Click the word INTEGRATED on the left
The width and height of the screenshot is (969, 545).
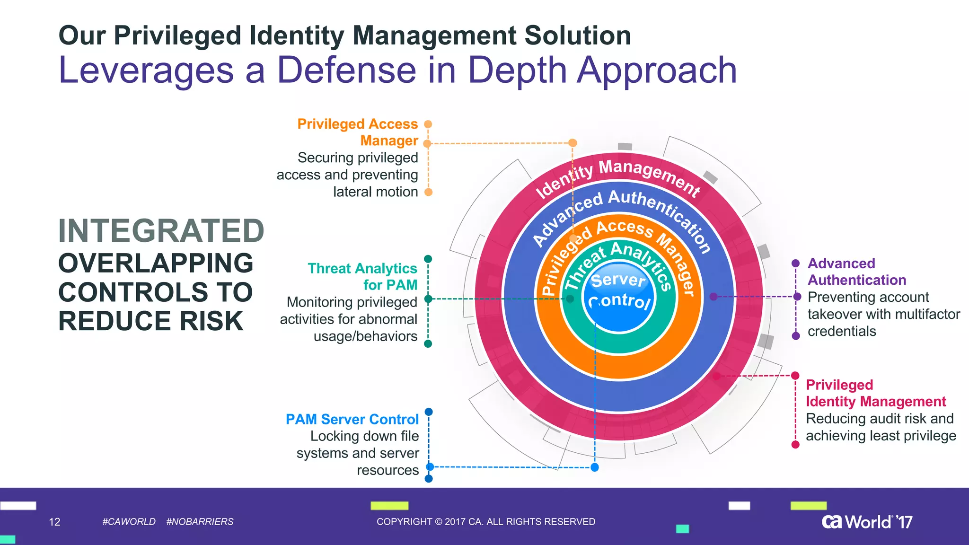point(161,231)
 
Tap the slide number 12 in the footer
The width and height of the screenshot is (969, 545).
point(54,522)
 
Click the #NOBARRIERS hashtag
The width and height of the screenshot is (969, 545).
point(200,521)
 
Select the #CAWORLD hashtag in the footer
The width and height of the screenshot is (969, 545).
point(129,521)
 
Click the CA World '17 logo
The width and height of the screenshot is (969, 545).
point(867,522)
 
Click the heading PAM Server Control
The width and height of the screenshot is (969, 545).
point(352,419)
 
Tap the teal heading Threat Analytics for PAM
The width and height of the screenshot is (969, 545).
point(362,276)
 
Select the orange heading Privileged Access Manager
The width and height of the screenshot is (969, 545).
point(358,132)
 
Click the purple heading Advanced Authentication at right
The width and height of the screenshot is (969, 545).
point(856,272)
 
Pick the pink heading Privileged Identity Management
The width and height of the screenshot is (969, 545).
point(875,393)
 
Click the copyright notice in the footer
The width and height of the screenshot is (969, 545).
point(486,521)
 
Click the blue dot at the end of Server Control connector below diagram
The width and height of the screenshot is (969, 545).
point(595,467)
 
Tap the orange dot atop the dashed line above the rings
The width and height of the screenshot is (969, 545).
point(573,143)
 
